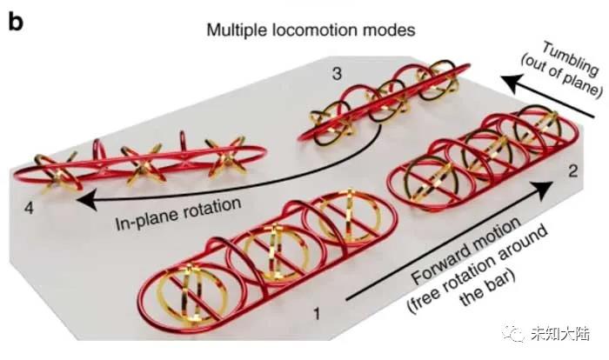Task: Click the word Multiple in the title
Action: click(x=235, y=30)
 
